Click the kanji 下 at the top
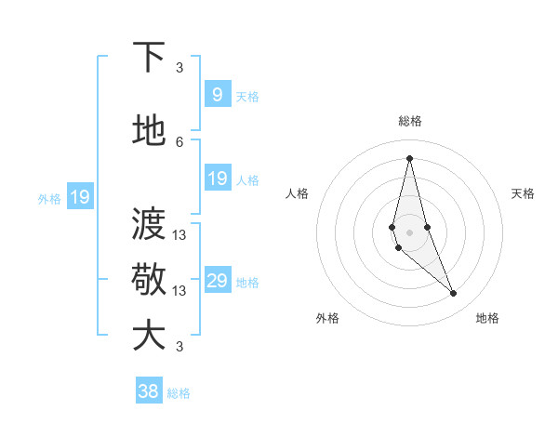coord(148,58)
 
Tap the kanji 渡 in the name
coord(148,225)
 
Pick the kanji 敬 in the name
coord(148,279)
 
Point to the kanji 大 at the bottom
coord(148,335)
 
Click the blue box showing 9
coord(217,94)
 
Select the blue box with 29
coord(218,281)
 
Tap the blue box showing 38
coord(148,391)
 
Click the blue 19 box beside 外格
coord(79,196)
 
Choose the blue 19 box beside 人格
coord(218,179)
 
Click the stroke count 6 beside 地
coord(179,141)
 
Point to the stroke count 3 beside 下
coord(179,67)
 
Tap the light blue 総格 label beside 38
coord(179,393)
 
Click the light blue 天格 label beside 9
coord(247,96)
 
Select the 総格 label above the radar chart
coord(410,121)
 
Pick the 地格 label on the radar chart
coord(487,318)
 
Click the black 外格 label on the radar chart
coord(327,318)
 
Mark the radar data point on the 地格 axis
coord(454,294)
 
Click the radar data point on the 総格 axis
coord(409,158)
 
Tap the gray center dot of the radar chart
coord(409,232)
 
